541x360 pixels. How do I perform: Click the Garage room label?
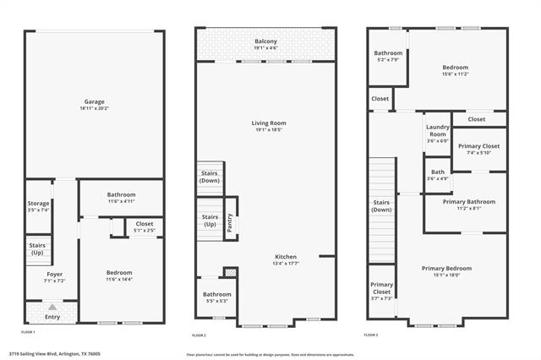(x=94, y=101)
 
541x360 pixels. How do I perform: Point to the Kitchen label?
(x=286, y=256)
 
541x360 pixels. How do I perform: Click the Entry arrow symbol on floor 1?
(x=52, y=307)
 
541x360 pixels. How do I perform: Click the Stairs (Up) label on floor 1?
(x=37, y=248)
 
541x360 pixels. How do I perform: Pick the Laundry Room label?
(x=436, y=129)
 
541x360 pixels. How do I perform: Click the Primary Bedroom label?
(x=446, y=268)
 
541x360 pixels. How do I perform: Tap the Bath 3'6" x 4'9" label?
(x=436, y=175)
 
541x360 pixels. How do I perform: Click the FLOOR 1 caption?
(x=29, y=332)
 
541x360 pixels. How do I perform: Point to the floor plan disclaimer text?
(x=270, y=354)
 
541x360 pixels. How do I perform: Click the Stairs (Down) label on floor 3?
(x=381, y=205)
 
